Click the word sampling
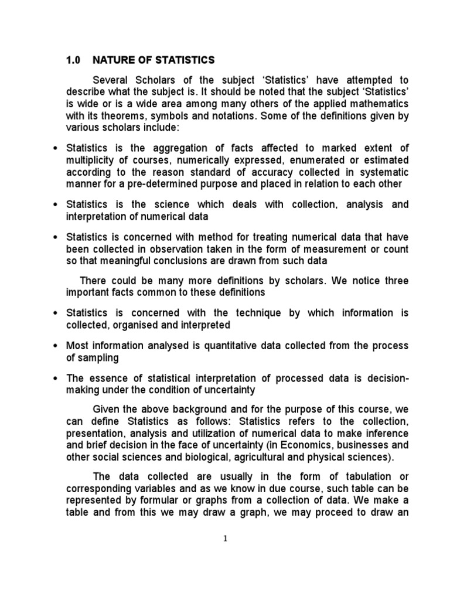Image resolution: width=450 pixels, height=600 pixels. coord(97,357)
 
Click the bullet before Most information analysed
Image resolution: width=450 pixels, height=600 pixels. coord(55,346)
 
